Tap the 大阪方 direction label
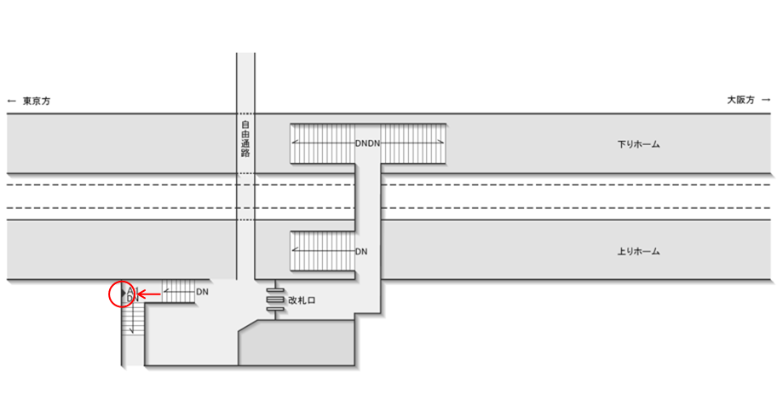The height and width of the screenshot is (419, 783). pos(740,101)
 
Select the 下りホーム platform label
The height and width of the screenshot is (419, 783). pos(639,145)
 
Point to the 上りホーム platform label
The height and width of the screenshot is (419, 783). pos(639,253)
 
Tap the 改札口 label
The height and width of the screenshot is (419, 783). pos(302,300)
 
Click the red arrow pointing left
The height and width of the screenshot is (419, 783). pos(150,294)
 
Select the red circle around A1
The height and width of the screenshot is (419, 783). pos(123,294)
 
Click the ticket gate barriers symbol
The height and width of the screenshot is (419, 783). pos(274,301)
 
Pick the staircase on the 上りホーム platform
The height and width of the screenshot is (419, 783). pos(322,251)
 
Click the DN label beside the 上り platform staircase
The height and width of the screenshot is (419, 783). pos(361,252)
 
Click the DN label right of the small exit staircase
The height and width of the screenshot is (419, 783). pos(203,292)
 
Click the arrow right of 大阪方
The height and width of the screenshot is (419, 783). pos(767,101)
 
